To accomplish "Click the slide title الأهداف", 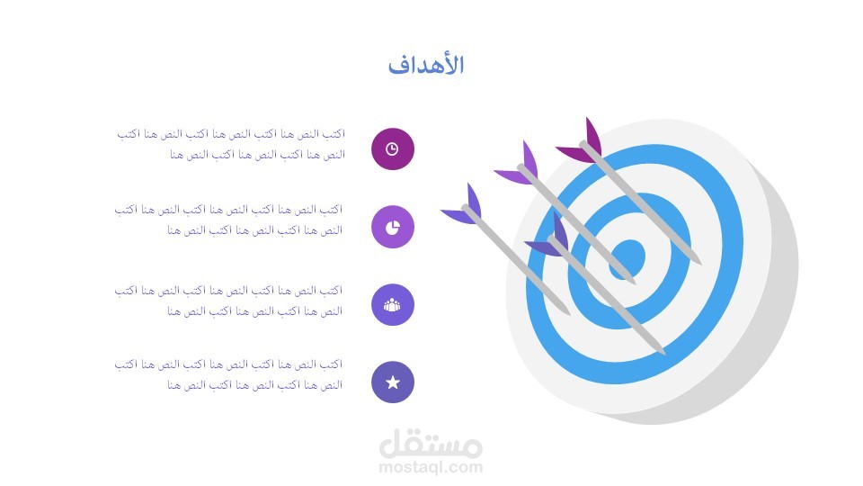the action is [426, 65].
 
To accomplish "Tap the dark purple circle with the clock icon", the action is [393, 148].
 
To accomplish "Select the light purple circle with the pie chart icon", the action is [393, 227].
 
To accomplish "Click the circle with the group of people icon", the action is [393, 305].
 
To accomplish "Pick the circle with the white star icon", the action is [393, 382].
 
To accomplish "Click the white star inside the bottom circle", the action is [393, 382].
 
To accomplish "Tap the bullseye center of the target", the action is [627, 259].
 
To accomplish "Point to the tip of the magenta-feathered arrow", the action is [700, 264].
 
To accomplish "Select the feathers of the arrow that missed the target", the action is [464, 205].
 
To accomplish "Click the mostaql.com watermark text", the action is [431, 468].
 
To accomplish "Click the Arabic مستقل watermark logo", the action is [431, 444].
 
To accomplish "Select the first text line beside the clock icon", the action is [231, 134].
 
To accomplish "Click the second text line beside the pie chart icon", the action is [254, 230].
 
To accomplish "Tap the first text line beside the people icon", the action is [228, 291].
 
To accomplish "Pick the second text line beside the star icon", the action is [254, 385].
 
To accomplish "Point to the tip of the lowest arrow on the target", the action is [663, 353].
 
